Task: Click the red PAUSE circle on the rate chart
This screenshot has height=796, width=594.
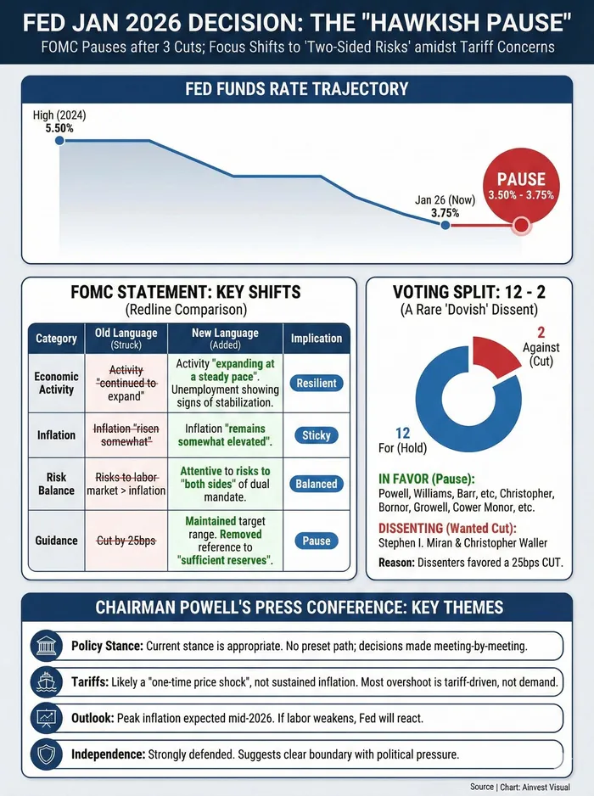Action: pos(521,187)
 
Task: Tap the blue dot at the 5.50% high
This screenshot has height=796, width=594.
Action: pos(59,140)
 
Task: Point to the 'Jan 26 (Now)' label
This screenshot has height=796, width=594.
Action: pos(445,200)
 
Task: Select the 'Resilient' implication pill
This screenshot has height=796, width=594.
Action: pos(317,384)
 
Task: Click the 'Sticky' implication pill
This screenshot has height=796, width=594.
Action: pos(317,435)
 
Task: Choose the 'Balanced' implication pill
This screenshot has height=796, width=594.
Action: pos(317,484)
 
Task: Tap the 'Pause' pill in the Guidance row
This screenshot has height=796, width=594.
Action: pos(317,541)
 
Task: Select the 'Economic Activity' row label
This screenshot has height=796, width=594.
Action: pos(56,383)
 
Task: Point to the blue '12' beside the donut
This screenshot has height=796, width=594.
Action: pos(402,433)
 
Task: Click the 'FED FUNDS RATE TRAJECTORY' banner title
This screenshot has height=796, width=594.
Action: pos(297,89)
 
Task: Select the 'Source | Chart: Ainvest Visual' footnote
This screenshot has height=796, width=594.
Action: pos(530,786)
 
